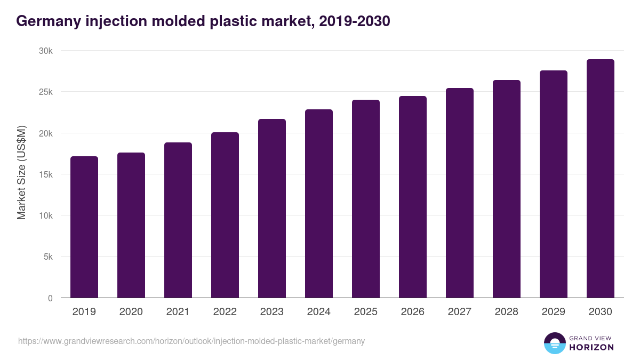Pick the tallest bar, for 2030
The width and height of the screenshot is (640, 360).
(x=601, y=179)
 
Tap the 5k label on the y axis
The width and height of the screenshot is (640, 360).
(x=48, y=257)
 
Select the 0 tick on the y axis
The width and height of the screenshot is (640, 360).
(x=50, y=298)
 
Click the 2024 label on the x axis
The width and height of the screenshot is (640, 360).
(x=319, y=312)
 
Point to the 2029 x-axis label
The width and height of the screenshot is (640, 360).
(x=554, y=312)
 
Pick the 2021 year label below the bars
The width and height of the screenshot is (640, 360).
(x=178, y=312)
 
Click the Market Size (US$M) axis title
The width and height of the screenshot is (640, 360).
(x=21, y=173)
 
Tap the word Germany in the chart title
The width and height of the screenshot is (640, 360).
(x=48, y=21)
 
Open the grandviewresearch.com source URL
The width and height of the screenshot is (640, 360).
(x=191, y=341)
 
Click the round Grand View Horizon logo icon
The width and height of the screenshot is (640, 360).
(x=554, y=343)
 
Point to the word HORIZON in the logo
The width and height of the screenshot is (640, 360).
(x=591, y=347)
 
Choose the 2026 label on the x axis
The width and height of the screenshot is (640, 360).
(x=413, y=312)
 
